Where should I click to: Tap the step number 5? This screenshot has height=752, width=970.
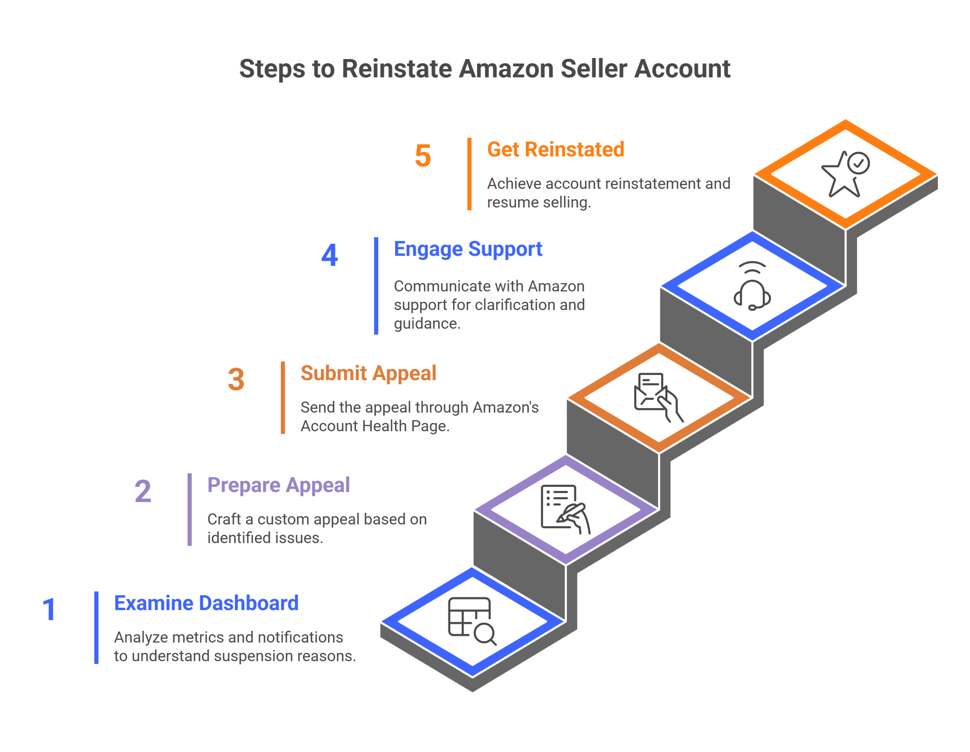pos(423,156)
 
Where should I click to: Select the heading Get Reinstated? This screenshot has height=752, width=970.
pos(555,149)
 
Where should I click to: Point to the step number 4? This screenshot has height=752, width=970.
pos(330,255)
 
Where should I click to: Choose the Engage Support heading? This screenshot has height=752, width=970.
pos(468,249)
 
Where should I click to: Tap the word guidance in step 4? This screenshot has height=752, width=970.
pos(427,324)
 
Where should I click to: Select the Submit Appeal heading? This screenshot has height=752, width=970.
pos(369,373)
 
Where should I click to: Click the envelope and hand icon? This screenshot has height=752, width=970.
pos(659,397)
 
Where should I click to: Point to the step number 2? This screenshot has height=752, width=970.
pos(143,491)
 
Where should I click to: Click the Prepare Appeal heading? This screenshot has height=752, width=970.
pos(278,485)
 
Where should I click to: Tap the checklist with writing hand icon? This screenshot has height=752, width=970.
pos(565,509)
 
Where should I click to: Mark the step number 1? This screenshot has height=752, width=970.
pos(49,610)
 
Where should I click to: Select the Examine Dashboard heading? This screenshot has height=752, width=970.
pos(207,603)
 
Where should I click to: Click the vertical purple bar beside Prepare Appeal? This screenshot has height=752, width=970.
pos(190,510)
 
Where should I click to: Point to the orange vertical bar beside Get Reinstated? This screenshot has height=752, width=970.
pos(469,174)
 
